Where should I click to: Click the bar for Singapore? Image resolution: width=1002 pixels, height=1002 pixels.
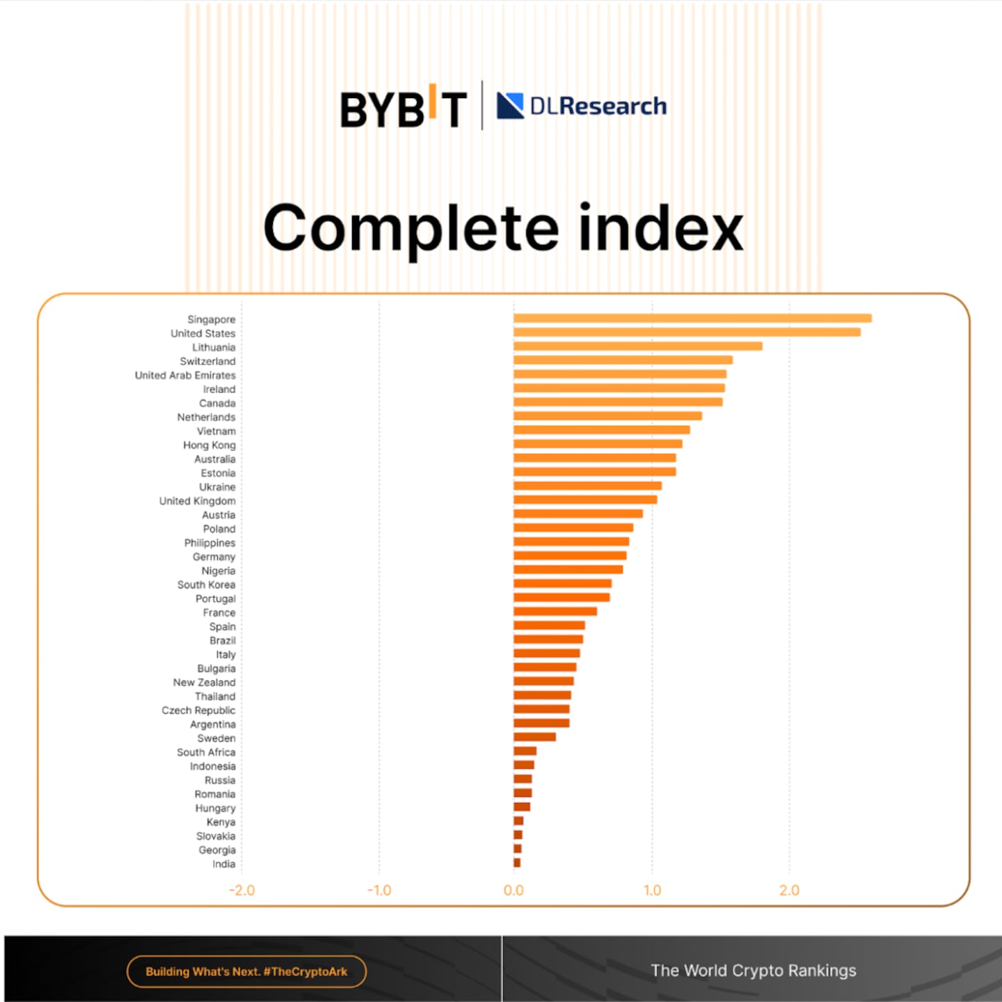click(692, 319)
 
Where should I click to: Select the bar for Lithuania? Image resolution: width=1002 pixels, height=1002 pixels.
click(637, 347)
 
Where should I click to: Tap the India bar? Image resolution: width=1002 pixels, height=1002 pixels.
click(517, 863)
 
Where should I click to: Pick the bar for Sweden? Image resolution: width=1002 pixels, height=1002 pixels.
click(534, 737)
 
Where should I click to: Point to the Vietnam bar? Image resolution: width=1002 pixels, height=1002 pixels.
click(601, 430)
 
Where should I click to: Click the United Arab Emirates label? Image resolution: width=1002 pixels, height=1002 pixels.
click(185, 375)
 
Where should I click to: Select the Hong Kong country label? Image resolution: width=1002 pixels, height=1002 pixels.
click(209, 445)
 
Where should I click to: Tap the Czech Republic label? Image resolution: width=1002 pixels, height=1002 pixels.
click(198, 710)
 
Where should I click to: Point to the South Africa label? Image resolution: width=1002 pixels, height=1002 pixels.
click(206, 752)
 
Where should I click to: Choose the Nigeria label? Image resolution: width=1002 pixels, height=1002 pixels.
click(218, 571)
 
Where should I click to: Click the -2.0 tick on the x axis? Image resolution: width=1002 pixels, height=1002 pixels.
click(241, 890)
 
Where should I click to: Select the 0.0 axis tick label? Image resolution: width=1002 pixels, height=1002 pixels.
click(514, 890)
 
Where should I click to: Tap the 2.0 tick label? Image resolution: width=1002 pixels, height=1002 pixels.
click(789, 890)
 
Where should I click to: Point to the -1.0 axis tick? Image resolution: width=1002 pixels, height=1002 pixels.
click(379, 890)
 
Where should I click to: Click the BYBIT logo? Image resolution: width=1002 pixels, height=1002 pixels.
click(403, 108)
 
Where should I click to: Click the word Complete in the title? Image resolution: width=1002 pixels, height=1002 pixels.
click(411, 229)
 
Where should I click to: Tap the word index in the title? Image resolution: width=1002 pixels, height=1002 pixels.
click(660, 228)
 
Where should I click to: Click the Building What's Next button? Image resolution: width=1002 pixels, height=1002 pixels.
click(246, 971)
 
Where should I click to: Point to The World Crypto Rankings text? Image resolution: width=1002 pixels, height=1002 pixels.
click(753, 971)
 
